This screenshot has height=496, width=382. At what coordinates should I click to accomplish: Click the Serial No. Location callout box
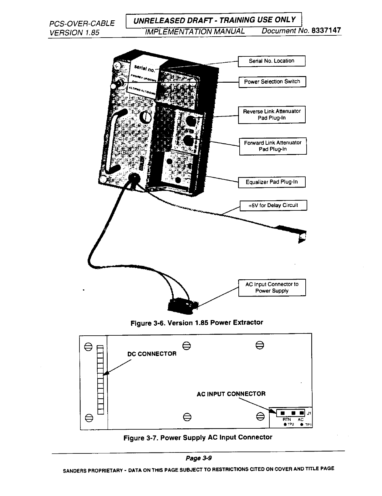[272, 61]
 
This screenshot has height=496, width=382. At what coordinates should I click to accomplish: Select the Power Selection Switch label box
[272, 82]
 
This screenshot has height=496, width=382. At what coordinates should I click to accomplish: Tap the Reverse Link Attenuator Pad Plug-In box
[272, 115]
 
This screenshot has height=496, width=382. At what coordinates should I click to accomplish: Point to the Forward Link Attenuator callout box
[273, 146]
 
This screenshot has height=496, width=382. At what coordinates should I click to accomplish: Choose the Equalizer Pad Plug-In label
[272, 182]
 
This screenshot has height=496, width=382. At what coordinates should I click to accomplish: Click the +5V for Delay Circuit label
[273, 205]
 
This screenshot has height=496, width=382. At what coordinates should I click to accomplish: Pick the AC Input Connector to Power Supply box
[272, 287]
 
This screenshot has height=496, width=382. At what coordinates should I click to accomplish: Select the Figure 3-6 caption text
[196, 323]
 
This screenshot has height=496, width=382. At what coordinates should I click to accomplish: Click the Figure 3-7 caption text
[198, 437]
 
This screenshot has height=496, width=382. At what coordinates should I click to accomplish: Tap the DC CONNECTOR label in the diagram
[152, 354]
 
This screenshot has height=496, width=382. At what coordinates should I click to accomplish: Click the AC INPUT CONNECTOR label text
[231, 394]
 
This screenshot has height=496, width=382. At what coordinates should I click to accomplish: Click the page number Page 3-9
[199, 458]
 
